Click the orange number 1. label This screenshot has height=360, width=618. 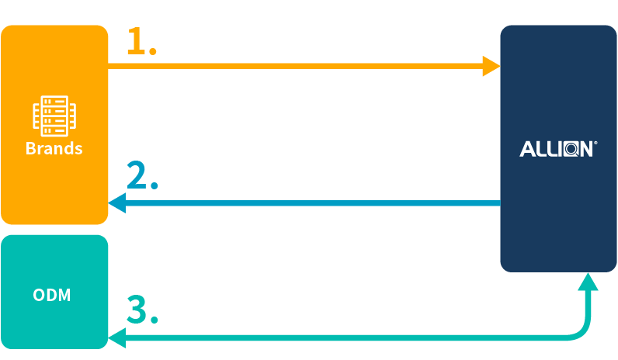click(141, 43)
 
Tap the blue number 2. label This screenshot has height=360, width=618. click(142, 178)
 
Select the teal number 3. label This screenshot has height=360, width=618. click(142, 310)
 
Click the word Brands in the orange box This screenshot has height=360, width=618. click(54, 148)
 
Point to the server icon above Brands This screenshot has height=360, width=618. click(54, 116)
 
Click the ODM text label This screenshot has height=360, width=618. click(52, 296)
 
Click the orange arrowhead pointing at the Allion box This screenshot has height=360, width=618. click(491, 67)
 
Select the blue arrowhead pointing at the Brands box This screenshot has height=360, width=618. click(117, 203)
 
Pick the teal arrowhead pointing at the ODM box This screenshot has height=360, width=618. click(117, 337)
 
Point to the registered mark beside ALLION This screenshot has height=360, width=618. click(595, 144)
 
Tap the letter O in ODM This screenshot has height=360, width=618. click(39, 296)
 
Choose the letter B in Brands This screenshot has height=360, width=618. click(30, 148)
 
